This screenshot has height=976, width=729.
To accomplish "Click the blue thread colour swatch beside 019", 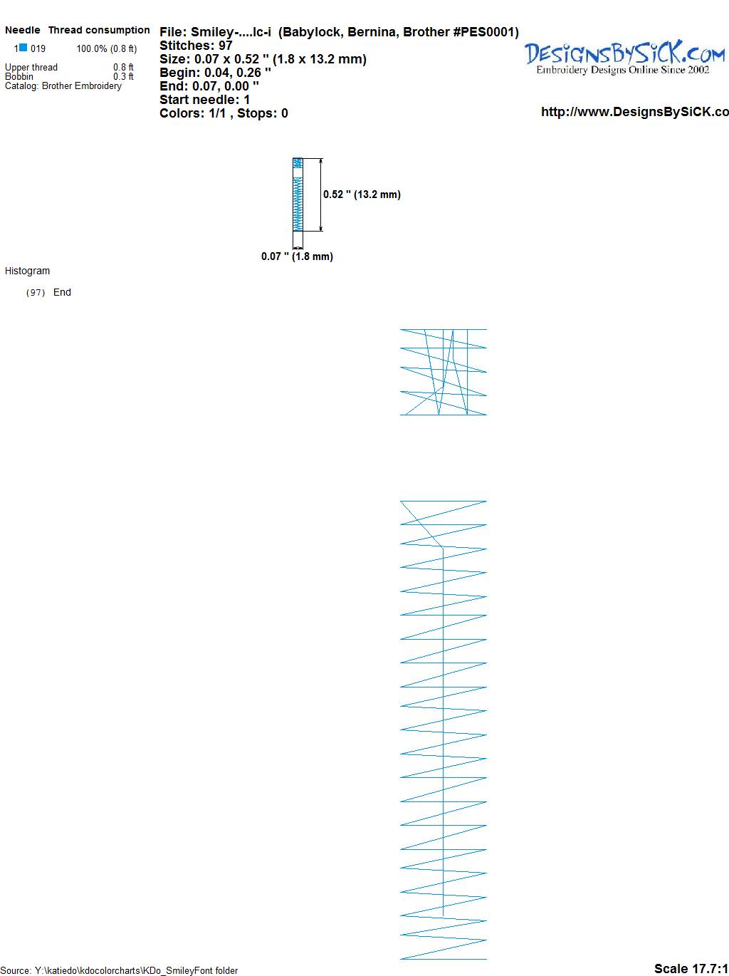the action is [x=23, y=47].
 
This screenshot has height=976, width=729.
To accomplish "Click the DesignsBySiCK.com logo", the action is [x=624, y=58].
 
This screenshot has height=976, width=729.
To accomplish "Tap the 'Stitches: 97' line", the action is [x=196, y=46].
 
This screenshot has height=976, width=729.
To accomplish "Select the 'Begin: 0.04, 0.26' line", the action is [x=215, y=73].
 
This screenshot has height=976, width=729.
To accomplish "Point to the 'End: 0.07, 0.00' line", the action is [x=209, y=85].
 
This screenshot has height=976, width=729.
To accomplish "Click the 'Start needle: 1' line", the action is [x=205, y=100].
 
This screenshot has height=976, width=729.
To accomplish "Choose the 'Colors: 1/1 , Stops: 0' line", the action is [x=224, y=113].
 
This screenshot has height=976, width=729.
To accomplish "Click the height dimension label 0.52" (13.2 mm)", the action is [x=362, y=194].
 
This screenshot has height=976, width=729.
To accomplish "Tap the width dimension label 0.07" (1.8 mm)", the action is [x=297, y=256].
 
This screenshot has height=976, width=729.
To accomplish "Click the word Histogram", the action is [x=27, y=271].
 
